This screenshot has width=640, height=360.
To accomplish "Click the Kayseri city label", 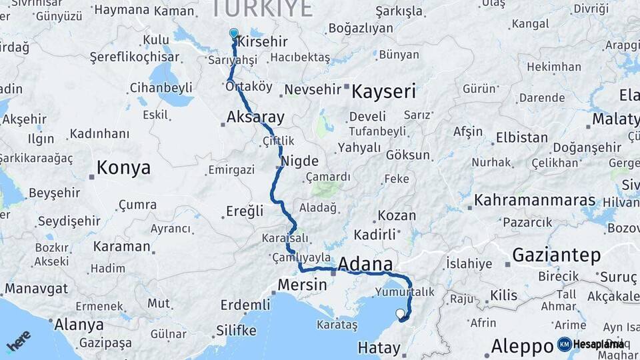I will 383,91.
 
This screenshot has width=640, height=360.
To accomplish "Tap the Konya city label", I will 123,168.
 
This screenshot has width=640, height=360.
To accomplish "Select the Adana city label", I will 365,264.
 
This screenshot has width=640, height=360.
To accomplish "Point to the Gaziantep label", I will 556,255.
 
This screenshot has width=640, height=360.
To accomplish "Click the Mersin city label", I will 302,285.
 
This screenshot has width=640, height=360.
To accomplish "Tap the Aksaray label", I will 255,117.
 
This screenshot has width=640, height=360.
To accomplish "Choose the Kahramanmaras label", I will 535,201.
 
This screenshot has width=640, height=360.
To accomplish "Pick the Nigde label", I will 299,161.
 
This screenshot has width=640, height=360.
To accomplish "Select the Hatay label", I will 379,347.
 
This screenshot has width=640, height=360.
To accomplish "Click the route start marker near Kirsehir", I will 233,33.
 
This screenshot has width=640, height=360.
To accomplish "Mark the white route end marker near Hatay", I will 400,313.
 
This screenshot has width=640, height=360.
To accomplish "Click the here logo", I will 19,341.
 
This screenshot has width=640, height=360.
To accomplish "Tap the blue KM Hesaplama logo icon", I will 565,344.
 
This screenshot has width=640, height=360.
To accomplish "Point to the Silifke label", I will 236,331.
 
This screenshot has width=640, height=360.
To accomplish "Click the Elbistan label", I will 521,139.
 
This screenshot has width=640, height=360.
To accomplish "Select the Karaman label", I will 121,246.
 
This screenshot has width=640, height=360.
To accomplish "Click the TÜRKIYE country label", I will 262,8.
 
